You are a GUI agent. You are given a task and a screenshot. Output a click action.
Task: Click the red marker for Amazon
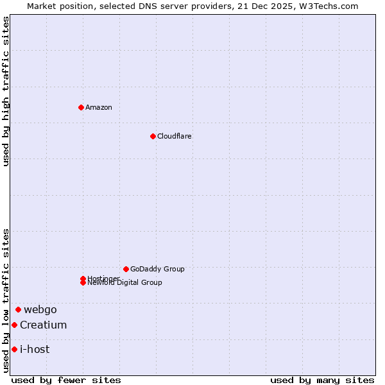[81, 107]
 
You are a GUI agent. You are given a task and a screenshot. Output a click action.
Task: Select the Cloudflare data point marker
[153, 136]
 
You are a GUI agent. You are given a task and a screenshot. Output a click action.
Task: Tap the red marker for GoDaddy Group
[126, 269]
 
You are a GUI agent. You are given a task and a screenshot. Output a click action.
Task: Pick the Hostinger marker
[83, 278]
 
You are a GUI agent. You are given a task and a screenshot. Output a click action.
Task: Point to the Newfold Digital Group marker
[83, 283]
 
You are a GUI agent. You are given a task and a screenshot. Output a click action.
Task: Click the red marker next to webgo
[18, 309]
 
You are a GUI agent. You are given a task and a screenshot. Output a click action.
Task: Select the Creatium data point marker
[14, 325]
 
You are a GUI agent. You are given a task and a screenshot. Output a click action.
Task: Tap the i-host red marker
[14, 349]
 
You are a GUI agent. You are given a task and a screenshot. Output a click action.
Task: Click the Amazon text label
[99, 107]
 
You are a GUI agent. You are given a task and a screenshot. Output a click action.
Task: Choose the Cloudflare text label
[175, 136]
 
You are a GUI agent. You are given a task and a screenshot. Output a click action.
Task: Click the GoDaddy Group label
[157, 269]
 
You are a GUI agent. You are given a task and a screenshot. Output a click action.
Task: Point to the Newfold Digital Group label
[125, 283]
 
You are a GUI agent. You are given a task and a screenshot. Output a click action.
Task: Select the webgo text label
[40, 309]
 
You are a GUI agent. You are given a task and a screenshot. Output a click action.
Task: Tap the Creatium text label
[43, 325]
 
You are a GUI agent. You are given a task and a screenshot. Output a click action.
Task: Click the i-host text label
[35, 349]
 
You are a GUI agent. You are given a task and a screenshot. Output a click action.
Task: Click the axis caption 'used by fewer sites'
[66, 380]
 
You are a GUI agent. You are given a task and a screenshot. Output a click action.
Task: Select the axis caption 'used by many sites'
[322, 380]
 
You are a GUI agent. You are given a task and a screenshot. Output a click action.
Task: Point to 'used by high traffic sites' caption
[6, 90]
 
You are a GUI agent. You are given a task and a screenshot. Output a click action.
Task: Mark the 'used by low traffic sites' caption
[6, 300]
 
